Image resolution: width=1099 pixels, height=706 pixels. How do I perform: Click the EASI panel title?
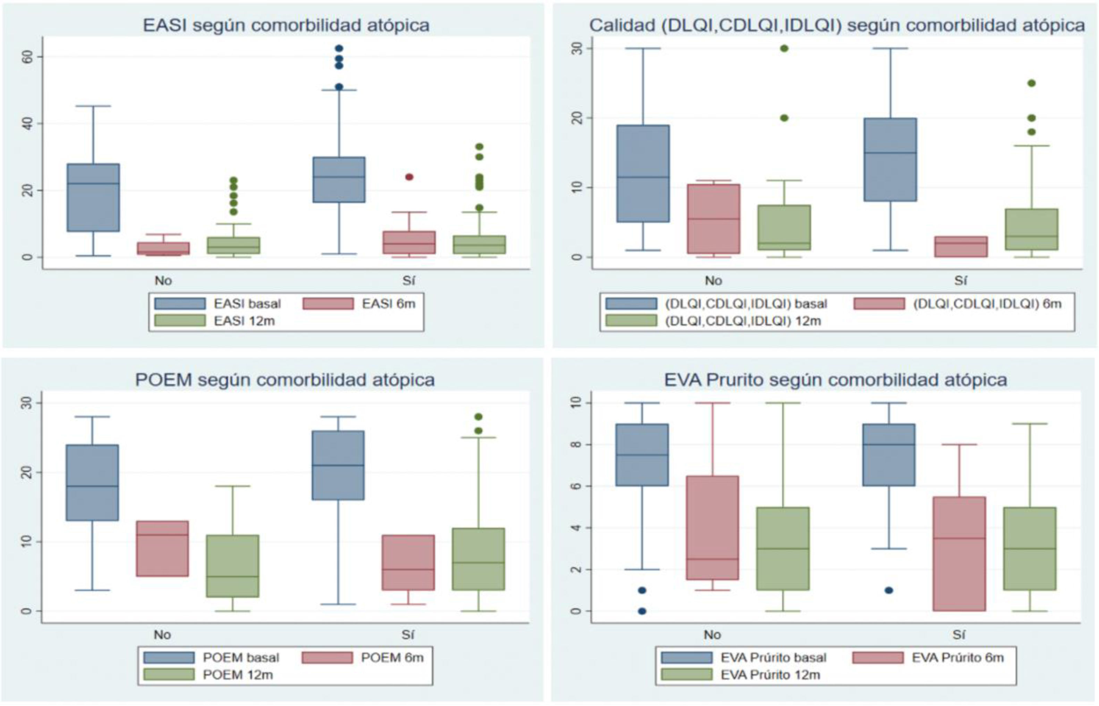286,26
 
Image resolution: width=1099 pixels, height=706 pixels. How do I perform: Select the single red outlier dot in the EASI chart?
409,177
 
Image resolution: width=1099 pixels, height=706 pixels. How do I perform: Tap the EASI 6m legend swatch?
328,304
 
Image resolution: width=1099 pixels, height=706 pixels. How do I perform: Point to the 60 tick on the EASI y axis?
27,57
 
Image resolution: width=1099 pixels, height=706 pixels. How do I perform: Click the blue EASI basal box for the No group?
94,198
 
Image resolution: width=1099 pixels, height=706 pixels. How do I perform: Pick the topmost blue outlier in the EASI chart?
339,49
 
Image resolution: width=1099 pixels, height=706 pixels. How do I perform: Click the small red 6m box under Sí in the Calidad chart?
961,247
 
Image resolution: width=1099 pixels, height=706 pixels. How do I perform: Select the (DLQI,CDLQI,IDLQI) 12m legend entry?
742,321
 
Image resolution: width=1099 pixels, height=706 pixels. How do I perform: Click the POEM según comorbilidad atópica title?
285,380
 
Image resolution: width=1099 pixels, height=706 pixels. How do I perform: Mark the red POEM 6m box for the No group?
162,548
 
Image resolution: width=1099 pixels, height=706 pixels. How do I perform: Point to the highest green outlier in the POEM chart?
478,417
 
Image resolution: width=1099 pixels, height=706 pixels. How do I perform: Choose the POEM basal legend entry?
241,658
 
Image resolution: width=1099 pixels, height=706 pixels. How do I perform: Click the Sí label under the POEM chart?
408,635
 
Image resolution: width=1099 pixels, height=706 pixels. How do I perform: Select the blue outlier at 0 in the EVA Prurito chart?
642,611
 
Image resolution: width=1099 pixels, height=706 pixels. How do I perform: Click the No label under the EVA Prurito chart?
712,635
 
